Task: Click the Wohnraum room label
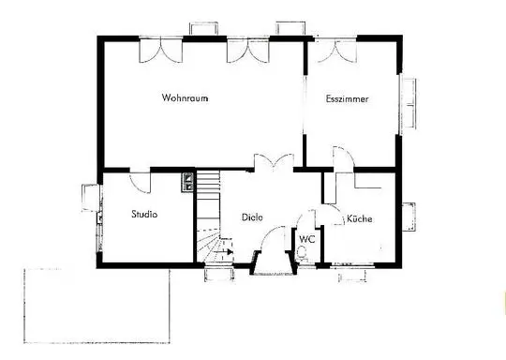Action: click(x=185, y=97)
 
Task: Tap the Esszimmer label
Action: click(x=347, y=98)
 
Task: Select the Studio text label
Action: click(x=144, y=214)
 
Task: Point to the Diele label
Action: click(x=252, y=217)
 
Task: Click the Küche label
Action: click(x=360, y=218)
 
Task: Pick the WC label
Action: click(x=307, y=239)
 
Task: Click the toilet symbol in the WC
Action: click(x=303, y=252)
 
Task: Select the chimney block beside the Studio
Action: click(x=187, y=183)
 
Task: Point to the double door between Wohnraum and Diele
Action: click(x=274, y=161)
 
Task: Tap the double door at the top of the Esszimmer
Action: click(x=335, y=51)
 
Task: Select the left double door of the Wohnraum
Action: click(x=161, y=50)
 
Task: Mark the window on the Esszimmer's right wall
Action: click(x=408, y=104)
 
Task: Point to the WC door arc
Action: click(x=305, y=216)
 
